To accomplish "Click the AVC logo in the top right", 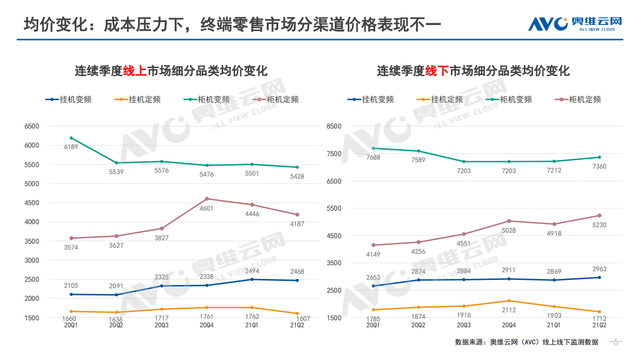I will point(575,24).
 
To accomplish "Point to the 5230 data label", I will point(599,225).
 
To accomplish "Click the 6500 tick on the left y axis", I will point(32,126).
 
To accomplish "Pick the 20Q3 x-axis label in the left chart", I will point(161,325).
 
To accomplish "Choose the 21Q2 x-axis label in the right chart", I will point(599,325).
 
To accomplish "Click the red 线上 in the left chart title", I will point(135,71).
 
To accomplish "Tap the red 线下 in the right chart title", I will point(437,71).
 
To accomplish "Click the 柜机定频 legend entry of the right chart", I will point(577,99).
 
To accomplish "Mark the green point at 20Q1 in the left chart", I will point(72,138).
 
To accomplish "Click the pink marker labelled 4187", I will point(297,215).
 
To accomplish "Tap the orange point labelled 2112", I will point(509,301).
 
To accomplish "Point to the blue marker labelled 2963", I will point(599,277).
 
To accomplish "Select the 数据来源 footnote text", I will point(526,342).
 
